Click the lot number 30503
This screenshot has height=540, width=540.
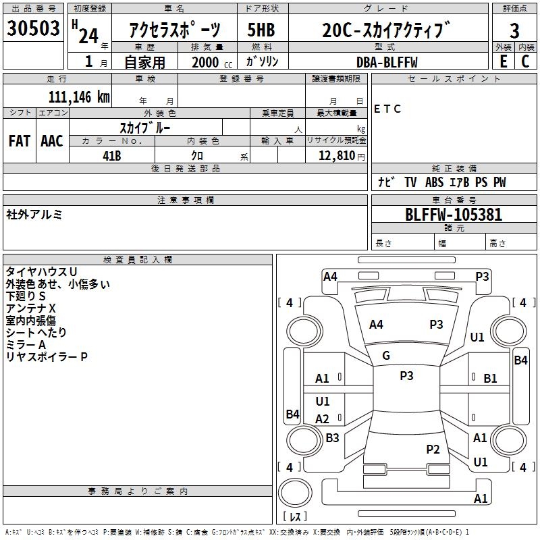click(33, 28)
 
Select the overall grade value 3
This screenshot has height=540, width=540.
click(514, 30)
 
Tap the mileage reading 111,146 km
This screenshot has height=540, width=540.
click(79, 97)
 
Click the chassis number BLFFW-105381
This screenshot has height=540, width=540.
click(454, 215)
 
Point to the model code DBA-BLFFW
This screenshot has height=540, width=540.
click(387, 62)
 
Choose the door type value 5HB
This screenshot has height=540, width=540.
click(261, 30)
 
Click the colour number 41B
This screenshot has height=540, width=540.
click(112, 156)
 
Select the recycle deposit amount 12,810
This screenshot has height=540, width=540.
click(336, 155)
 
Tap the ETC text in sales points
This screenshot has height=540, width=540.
click(387, 109)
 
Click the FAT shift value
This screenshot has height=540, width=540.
click(20, 141)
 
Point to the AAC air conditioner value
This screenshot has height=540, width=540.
click(52, 141)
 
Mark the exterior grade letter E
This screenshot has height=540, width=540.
click(504, 61)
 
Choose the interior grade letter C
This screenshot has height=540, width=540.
click(525, 61)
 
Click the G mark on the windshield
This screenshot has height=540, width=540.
click(386, 356)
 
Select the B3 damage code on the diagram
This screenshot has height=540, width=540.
click(332, 437)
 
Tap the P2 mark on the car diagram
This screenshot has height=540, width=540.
click(433, 449)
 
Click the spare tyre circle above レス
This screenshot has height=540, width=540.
click(295, 492)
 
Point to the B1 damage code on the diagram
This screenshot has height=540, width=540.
click(490, 379)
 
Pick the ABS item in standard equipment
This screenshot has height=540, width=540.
click(434, 182)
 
